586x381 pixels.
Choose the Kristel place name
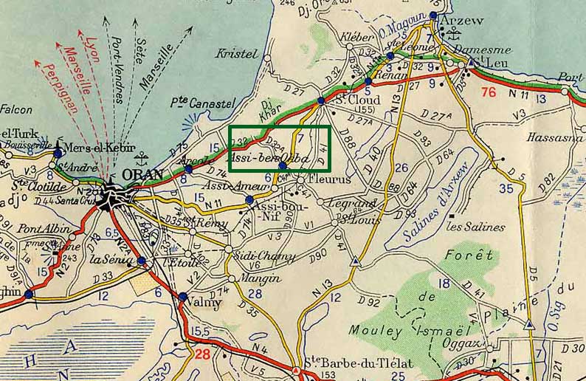(x=236, y=53)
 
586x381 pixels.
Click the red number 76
(x=488, y=92)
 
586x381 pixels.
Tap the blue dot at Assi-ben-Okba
(x=283, y=166)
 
